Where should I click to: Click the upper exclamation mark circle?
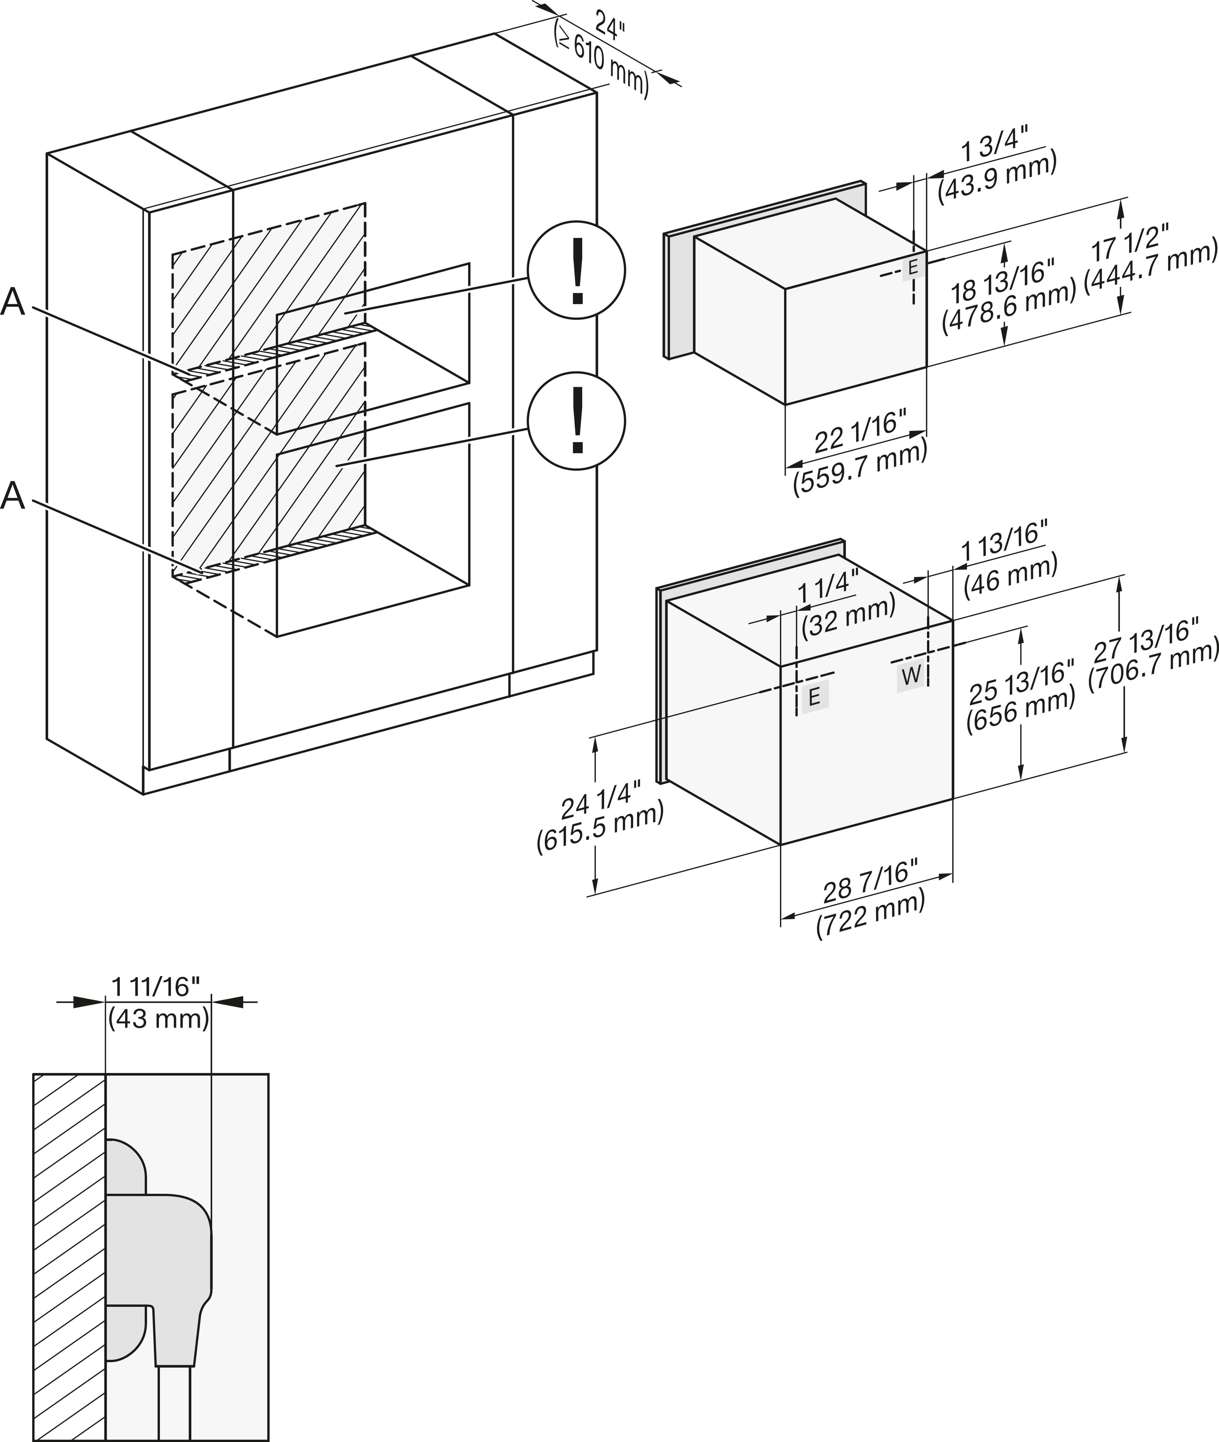pyautogui.click(x=576, y=270)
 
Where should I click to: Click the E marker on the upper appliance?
pyautogui.click(x=913, y=267)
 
